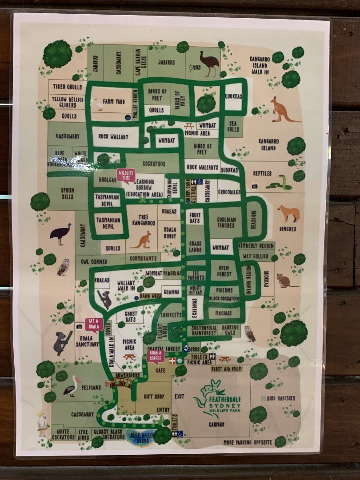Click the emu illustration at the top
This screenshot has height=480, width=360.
209,64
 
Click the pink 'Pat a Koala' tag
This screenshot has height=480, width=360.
94,324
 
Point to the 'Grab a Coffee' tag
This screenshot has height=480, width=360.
156,356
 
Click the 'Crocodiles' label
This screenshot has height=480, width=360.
229,192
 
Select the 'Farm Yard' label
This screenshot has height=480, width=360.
114,101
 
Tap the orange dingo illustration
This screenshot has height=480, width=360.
289,213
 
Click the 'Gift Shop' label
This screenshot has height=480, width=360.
154,396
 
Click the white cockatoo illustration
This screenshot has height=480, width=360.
43,422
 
